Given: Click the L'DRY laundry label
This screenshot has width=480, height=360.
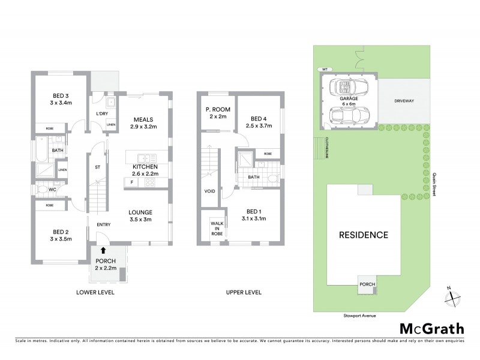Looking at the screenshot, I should (x=101, y=113).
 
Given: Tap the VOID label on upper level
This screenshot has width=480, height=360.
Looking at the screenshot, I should (x=209, y=191).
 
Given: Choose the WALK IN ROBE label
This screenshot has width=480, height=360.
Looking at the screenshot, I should (x=215, y=229).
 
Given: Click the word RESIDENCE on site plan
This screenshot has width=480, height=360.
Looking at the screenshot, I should (x=364, y=234).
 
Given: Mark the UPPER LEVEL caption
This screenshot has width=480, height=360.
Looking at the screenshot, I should (x=244, y=292).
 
